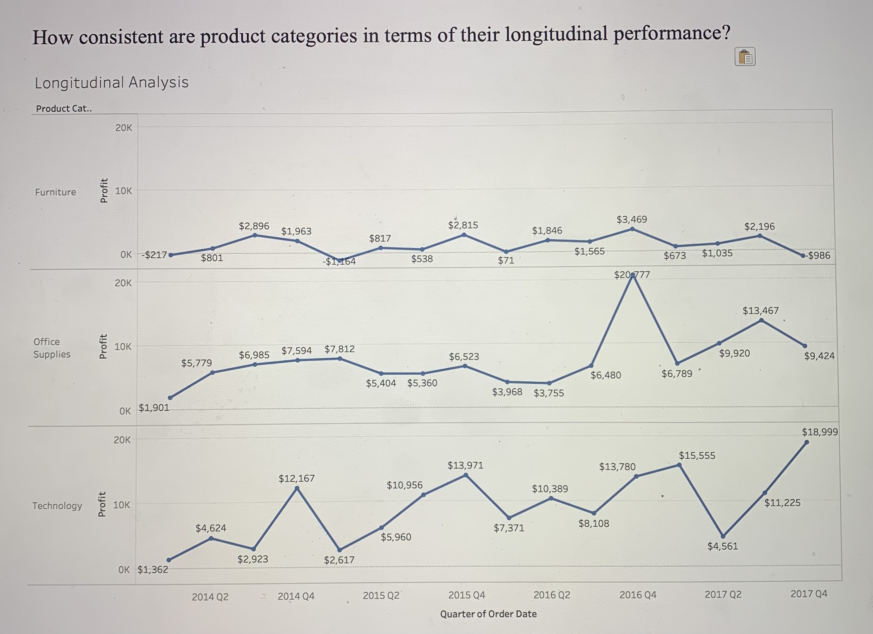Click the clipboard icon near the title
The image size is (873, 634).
click(745, 57)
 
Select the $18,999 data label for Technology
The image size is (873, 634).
click(819, 432)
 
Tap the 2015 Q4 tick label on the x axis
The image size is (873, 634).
click(467, 595)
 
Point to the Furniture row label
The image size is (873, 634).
click(56, 192)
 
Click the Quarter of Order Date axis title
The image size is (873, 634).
click(488, 614)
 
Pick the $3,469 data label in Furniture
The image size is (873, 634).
click(632, 219)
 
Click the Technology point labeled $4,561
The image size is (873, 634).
click(723, 536)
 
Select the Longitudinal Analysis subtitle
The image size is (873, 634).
click(112, 83)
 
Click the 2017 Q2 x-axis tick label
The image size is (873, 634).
click(723, 594)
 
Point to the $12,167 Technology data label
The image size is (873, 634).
click(296, 479)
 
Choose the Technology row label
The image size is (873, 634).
click(57, 505)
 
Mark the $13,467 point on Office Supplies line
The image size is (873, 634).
click(761, 320)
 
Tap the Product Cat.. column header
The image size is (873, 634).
click(64, 109)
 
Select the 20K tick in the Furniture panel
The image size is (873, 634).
click(124, 128)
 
